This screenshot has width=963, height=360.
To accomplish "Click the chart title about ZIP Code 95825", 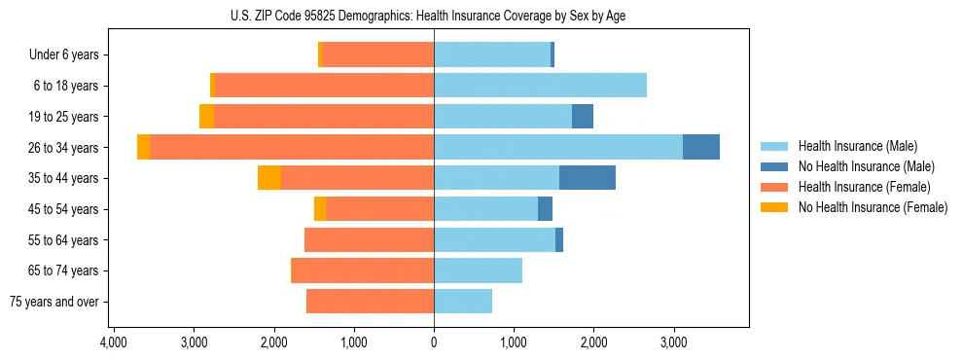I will [x=433, y=16].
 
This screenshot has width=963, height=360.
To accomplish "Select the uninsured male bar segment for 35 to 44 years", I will [x=588, y=178].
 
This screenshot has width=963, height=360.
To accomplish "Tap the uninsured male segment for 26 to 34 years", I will [x=701, y=147].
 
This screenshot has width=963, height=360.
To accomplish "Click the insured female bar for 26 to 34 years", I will [x=292, y=147].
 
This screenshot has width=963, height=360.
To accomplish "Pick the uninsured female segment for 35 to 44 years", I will [x=269, y=178].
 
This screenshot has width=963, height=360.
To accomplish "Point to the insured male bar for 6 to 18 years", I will [x=540, y=86].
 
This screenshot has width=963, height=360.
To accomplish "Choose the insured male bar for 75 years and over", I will [x=463, y=302].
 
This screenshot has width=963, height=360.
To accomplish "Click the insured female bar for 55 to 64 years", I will [x=369, y=239].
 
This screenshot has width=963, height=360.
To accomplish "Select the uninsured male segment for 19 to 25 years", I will [x=583, y=117].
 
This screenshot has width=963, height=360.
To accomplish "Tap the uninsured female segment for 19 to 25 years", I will [x=206, y=117].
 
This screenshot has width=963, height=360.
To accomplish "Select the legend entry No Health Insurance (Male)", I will [x=860, y=166].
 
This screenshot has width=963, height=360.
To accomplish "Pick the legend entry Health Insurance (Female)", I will [x=857, y=187].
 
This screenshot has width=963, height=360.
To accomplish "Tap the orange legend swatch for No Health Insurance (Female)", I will [x=774, y=207].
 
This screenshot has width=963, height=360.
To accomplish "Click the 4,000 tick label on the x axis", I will [x=113, y=343].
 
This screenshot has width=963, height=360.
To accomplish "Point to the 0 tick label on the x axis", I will [x=434, y=343].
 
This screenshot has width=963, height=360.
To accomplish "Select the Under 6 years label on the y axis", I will [x=63, y=55].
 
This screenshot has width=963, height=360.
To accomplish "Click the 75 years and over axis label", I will [x=53, y=302].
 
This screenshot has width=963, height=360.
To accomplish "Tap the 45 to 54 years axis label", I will [x=65, y=209].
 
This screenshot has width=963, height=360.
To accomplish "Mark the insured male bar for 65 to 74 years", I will [x=478, y=270].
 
